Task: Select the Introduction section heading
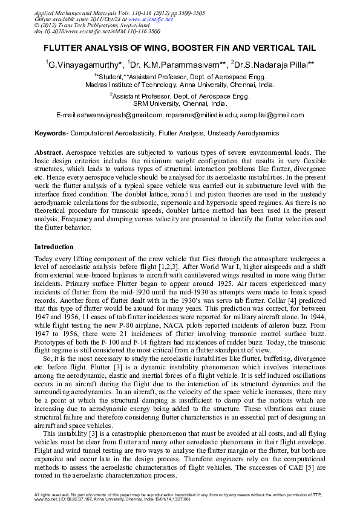click(54, 247)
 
